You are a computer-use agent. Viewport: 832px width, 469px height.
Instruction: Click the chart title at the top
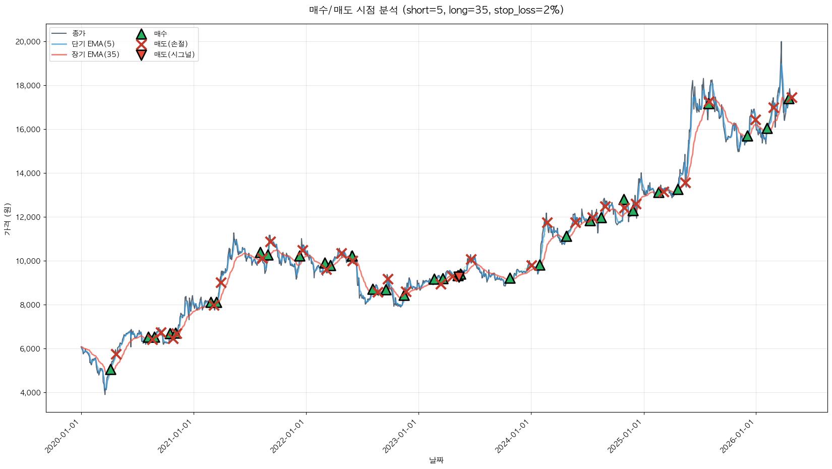[x=436, y=10]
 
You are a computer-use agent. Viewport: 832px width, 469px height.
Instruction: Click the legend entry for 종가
[x=79, y=34]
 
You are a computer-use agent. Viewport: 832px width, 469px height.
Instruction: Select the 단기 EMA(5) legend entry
[x=93, y=44]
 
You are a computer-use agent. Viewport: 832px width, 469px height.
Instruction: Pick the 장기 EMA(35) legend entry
[x=95, y=54]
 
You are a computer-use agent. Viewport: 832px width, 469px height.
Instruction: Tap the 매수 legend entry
[x=160, y=34]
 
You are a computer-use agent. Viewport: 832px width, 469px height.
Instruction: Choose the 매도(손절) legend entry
[x=170, y=44]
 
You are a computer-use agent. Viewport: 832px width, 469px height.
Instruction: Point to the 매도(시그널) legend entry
[x=174, y=54]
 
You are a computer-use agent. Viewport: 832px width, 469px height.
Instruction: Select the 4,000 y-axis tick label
[x=29, y=393]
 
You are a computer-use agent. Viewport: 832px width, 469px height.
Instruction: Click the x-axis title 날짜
[x=436, y=460]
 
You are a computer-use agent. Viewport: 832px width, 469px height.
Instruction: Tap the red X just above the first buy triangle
[x=116, y=354]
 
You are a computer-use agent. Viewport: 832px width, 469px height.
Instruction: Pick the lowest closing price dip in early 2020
[x=105, y=393]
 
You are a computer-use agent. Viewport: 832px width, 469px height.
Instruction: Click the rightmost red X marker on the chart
[x=792, y=97]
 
